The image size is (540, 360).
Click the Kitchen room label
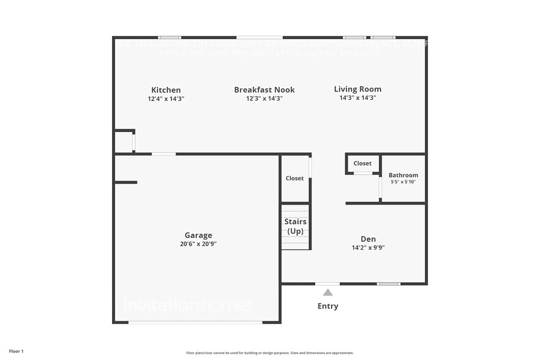pyautogui.click(x=166, y=90)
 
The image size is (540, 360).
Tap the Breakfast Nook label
pyautogui.click(x=264, y=90)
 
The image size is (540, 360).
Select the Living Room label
pyautogui.click(x=358, y=89)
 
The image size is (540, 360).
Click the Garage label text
pyautogui.click(x=198, y=235)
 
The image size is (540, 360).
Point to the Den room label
pyautogui.click(x=368, y=239)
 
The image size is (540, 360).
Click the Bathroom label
pyautogui.click(x=403, y=175)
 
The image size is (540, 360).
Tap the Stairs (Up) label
pyautogui.click(x=296, y=226)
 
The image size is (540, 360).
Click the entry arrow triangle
pyautogui.click(x=328, y=292)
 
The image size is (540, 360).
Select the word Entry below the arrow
pyautogui.click(x=328, y=306)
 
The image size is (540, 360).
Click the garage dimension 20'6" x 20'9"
pyautogui.click(x=198, y=244)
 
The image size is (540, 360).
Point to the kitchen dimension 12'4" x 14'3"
pyautogui.click(x=166, y=99)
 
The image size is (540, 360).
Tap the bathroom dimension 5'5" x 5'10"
pyautogui.click(x=403, y=182)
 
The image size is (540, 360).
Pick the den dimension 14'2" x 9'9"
pyautogui.click(x=368, y=248)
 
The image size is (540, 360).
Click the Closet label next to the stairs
pyautogui.click(x=294, y=178)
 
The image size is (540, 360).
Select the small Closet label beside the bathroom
pyautogui.click(x=362, y=163)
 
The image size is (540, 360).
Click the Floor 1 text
pyautogui.click(x=16, y=351)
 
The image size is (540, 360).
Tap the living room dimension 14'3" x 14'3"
pyautogui.click(x=358, y=98)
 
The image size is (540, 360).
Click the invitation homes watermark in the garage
pyautogui.click(x=189, y=304)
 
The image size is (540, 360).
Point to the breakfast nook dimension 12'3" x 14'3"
pyautogui.click(x=264, y=99)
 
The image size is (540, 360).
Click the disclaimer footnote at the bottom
pyautogui.click(x=269, y=353)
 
